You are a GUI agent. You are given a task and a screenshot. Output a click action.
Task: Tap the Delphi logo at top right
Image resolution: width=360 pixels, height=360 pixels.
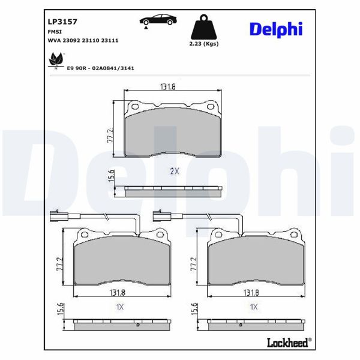[275, 28]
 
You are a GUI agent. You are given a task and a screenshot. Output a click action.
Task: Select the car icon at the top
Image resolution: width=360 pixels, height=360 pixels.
[160, 20]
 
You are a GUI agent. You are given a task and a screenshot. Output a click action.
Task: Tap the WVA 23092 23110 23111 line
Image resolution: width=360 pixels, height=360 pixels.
[82, 40]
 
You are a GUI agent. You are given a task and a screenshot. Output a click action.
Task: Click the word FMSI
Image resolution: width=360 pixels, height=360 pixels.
[55, 30]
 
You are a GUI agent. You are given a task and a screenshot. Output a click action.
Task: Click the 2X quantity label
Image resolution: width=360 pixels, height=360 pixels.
[175, 171]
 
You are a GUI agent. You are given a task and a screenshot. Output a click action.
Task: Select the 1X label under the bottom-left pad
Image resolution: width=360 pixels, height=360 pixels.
[119, 307]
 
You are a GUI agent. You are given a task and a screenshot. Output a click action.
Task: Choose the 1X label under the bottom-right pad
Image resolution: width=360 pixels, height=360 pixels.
[253, 307]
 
